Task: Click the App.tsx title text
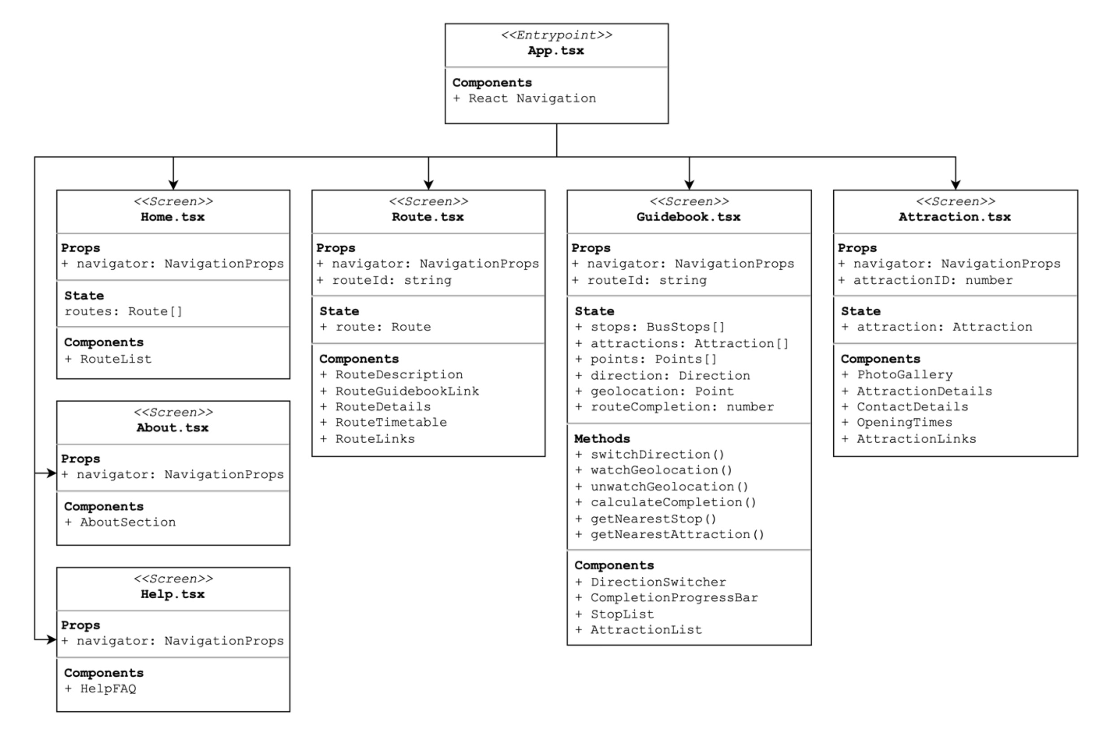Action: click(x=556, y=51)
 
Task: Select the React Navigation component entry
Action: click(x=532, y=99)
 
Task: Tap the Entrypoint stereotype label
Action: click(x=556, y=35)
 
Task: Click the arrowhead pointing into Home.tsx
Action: click(x=173, y=185)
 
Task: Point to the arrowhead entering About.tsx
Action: click(x=51, y=473)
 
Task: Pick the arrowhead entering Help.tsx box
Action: click(x=51, y=639)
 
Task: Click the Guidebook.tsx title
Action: click(x=688, y=217)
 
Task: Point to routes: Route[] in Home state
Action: click(x=123, y=311)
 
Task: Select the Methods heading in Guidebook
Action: click(x=602, y=438)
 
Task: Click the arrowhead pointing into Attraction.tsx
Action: click(x=955, y=185)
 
